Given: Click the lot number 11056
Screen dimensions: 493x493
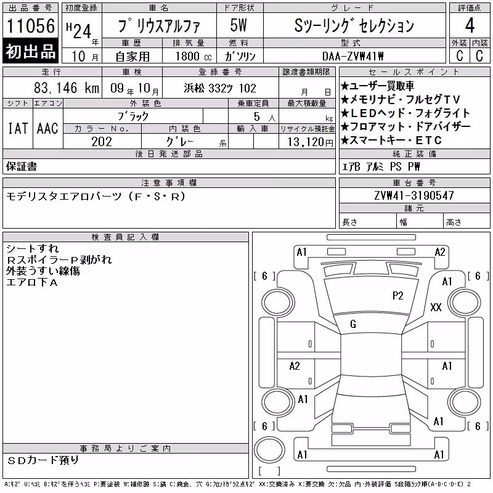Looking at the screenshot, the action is pos(30,26).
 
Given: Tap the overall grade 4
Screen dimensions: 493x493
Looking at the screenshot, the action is pos(470,25).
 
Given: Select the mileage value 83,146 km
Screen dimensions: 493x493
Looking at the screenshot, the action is pos(67,88).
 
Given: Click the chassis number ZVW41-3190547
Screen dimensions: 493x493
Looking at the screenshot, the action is pos(414,195).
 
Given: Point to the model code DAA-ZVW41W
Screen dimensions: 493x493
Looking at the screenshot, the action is pos(352,56).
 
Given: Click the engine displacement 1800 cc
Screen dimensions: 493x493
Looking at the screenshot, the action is pos(194,56).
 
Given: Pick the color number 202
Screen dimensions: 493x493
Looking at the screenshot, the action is pos(102,142).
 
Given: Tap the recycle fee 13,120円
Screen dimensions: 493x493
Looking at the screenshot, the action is pos(310,142).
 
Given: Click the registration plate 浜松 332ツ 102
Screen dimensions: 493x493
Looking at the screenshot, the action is pos(220,88).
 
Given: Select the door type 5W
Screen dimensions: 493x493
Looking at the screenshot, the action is pos(238,25).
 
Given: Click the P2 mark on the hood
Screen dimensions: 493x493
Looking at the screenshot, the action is pos(397,296).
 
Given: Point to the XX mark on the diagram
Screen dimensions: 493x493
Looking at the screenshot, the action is pos(436,307).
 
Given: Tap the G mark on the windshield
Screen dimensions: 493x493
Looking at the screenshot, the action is pos(353,324).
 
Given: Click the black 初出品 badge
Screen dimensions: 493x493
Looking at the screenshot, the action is pos(30,51).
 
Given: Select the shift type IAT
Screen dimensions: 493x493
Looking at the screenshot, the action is pos(18,128).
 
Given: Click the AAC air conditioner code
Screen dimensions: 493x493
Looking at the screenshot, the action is pos(47,128).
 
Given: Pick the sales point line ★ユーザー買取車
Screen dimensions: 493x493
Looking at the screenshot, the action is pos(378,86).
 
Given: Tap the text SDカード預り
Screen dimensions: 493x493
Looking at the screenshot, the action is pos(43,460).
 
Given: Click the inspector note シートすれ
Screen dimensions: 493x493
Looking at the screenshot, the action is pos(33,249).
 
